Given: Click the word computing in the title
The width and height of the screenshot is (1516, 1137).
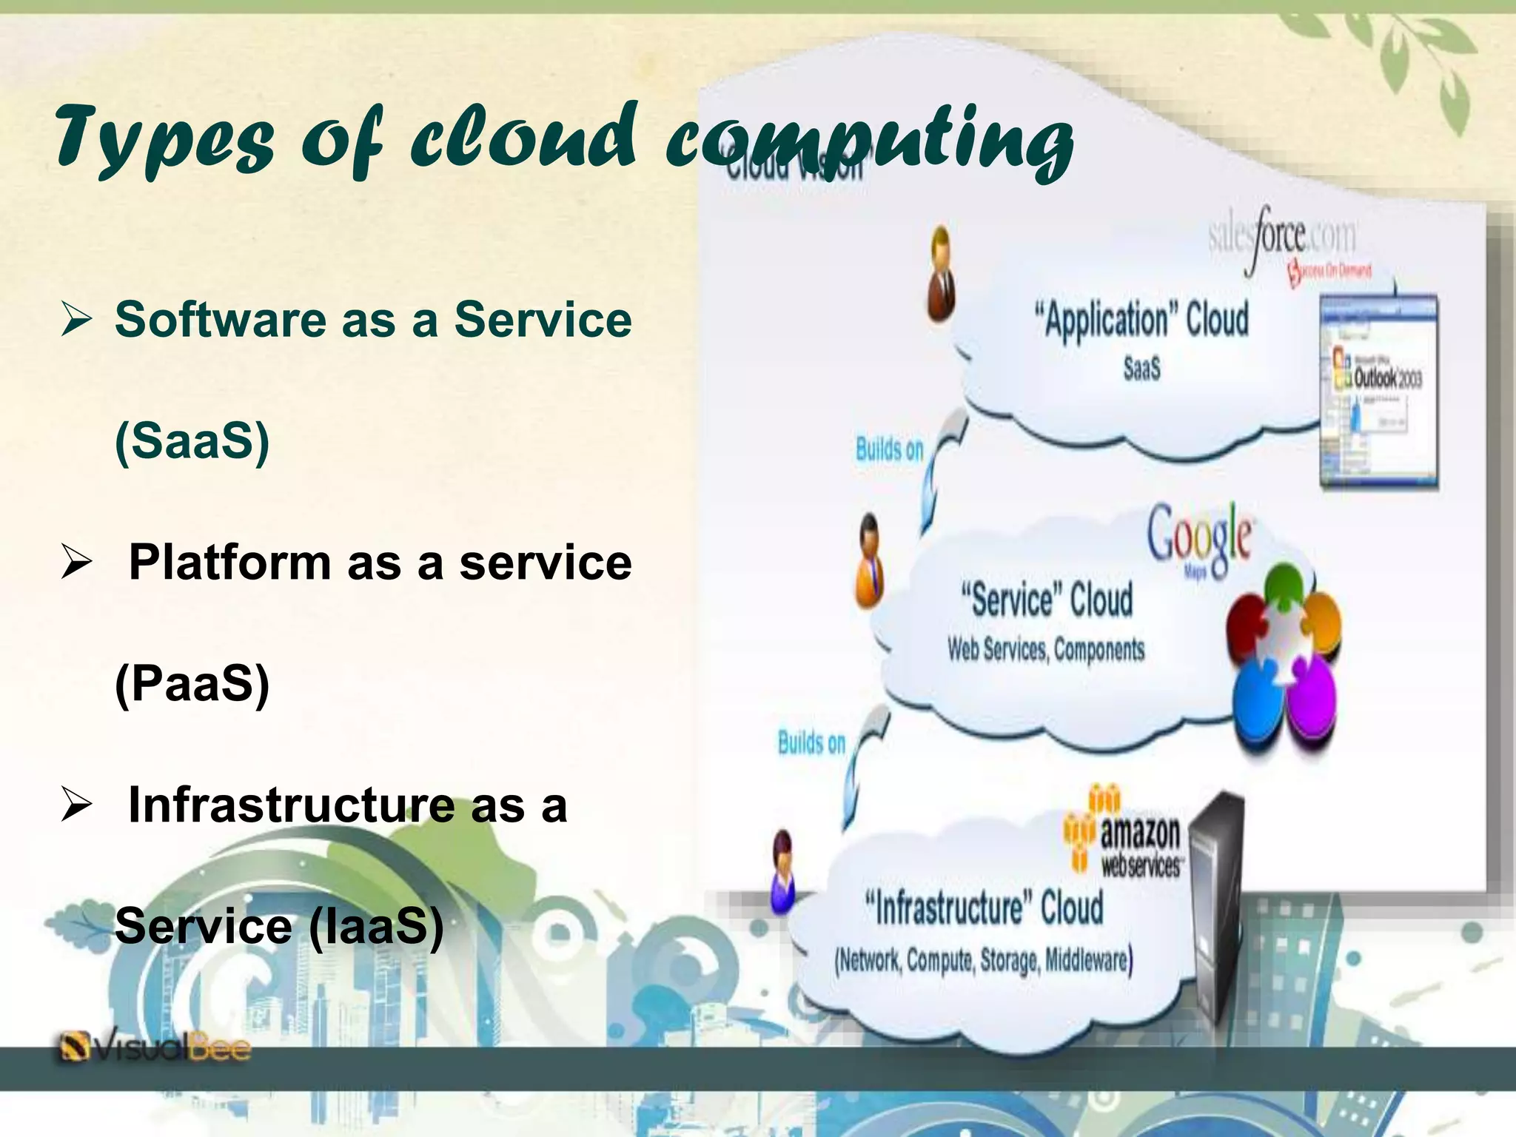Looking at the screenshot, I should click(x=869, y=141).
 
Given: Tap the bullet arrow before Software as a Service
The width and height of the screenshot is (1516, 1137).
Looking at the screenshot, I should click(x=76, y=321).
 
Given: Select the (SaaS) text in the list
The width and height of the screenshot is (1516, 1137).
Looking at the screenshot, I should click(x=192, y=441).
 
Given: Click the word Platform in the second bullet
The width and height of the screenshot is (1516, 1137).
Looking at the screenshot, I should click(x=229, y=563).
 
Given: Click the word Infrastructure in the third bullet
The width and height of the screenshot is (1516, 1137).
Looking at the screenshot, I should click(x=291, y=805).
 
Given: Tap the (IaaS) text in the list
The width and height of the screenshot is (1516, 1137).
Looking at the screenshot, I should click(x=375, y=926).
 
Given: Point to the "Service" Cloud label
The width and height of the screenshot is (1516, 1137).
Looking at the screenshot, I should click(x=1047, y=600).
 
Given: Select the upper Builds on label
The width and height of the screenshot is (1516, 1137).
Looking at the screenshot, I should click(x=889, y=449).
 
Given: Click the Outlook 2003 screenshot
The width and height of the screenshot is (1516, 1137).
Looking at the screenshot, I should click(x=1378, y=392).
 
